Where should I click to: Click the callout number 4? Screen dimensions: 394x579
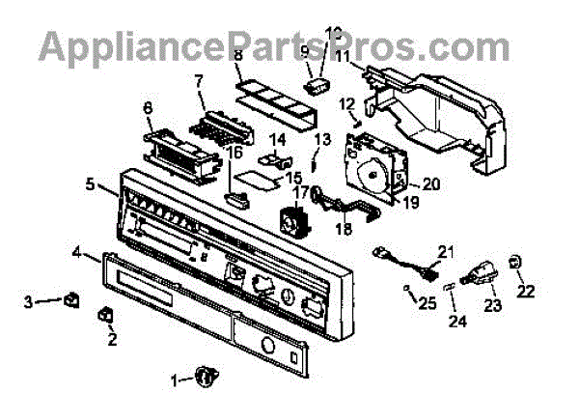click(x=76, y=254)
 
